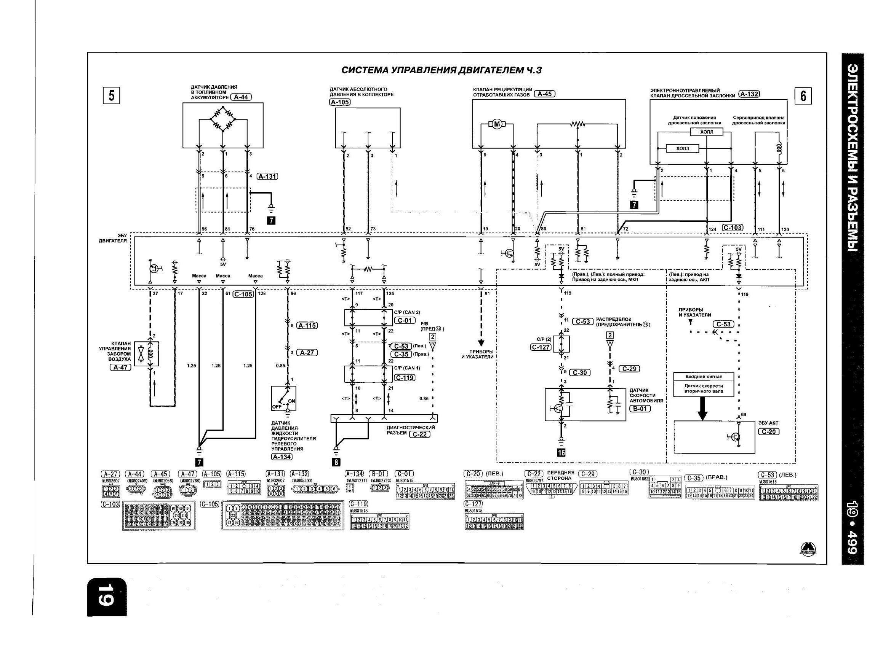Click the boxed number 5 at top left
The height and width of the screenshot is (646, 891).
111,95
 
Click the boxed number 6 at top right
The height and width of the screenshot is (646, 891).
803,96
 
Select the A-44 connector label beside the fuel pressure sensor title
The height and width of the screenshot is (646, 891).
241,97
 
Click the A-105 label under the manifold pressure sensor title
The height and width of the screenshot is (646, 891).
340,102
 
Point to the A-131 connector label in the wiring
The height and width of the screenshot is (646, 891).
267,176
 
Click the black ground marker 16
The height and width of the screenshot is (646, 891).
561,452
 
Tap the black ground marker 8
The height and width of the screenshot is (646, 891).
336,462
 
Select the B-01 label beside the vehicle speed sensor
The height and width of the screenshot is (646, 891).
640,409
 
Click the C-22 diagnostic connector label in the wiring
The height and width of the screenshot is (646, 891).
419,434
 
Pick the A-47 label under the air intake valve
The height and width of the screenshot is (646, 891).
121,368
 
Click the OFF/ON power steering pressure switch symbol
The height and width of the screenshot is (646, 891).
284,398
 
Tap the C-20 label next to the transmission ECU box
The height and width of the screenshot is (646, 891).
768,432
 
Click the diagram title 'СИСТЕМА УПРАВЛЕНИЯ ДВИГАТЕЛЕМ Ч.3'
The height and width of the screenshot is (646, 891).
442,70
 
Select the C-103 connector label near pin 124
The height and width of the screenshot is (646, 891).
732,228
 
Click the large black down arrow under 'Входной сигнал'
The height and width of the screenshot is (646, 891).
702,409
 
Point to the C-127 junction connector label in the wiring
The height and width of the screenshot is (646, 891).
540,347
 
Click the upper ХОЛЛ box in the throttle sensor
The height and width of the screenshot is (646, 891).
706,132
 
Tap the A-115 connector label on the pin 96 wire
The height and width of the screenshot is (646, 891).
307,325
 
